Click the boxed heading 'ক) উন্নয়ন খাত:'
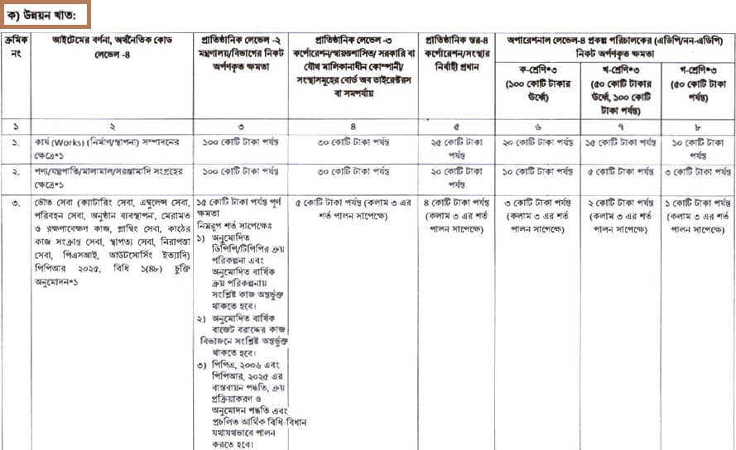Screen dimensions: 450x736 (46, 15)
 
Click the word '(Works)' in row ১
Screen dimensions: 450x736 (70, 142)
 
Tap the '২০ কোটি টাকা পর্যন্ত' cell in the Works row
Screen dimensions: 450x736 (535, 142)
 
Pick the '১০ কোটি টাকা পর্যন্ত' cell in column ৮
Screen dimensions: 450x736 (696, 148)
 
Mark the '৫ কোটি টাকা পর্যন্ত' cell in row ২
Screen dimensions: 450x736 (614, 172)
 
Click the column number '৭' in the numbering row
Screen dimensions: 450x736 (614, 126)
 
